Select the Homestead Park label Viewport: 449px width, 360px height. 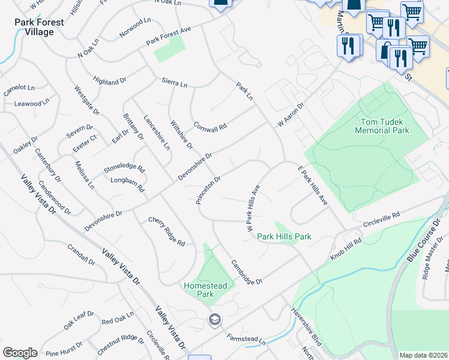[205, 290]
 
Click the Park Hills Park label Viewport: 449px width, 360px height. [284, 236]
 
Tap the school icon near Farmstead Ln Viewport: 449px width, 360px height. [214, 320]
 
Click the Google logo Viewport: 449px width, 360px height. [20, 353]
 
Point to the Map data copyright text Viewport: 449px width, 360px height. [423, 355]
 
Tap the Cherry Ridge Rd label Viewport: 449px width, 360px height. [167, 232]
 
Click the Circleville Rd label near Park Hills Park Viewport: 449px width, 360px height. [381, 220]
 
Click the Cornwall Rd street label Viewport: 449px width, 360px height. [210, 127]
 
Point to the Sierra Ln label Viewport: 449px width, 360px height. [175, 82]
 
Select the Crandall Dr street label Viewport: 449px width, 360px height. [82, 254]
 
